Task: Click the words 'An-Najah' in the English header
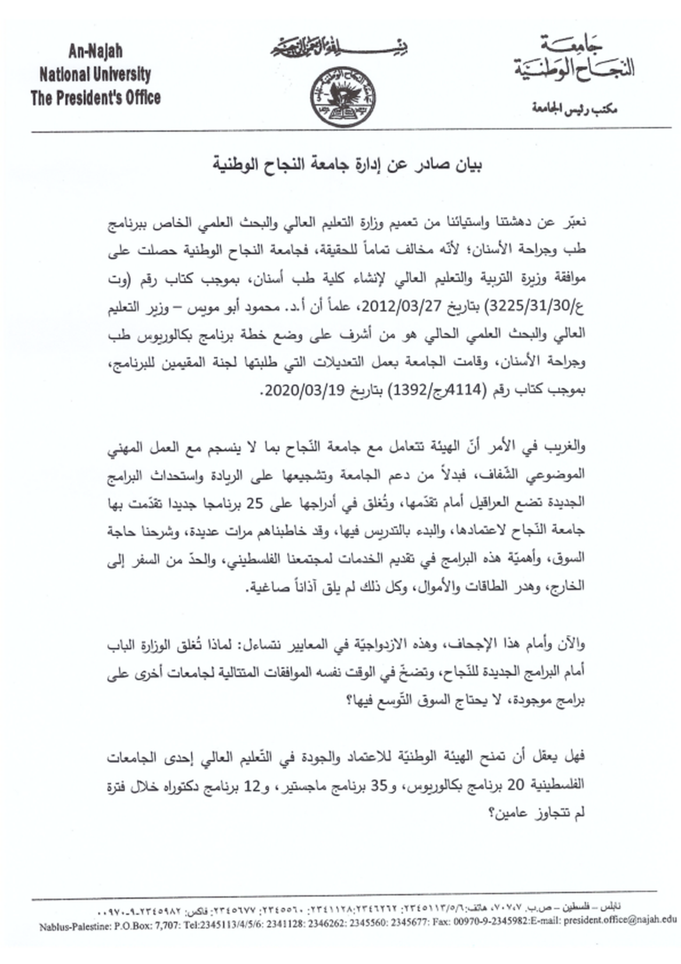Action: (x=95, y=51)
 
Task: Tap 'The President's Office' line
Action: (x=95, y=97)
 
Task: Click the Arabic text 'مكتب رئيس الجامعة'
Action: (x=574, y=108)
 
